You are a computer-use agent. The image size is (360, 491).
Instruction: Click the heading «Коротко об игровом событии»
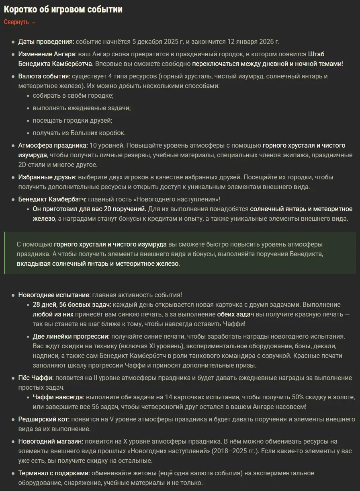[63, 9]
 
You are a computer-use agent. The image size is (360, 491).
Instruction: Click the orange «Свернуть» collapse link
[17, 22]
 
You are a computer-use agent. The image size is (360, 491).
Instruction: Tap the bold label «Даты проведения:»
[46, 42]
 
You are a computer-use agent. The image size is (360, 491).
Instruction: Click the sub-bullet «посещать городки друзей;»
[72, 120]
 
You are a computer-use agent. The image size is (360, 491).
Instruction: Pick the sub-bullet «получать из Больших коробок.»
[79, 132]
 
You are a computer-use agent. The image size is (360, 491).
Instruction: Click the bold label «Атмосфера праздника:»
[53, 145]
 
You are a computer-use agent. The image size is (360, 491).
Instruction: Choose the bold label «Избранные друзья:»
[47, 177]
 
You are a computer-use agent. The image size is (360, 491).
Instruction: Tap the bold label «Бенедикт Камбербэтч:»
[52, 199]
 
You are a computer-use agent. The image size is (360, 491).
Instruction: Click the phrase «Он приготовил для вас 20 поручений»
[89, 209]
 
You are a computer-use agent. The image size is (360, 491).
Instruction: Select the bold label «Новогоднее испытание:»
[54, 295]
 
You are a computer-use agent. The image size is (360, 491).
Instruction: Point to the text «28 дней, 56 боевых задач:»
[72, 304]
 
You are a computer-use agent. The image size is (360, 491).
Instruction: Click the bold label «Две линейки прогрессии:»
[71, 336]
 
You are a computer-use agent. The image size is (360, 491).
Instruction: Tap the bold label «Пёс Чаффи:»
[36, 378]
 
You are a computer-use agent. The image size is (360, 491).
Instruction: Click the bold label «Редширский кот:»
[44, 419]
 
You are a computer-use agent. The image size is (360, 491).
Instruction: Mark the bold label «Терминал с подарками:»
[54, 473]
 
